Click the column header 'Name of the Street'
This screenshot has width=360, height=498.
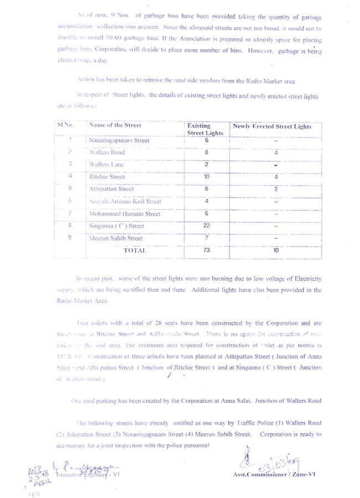pos(115,126)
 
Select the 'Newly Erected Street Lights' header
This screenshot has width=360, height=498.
pos(271,127)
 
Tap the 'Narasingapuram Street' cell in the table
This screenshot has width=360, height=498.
pos(119,141)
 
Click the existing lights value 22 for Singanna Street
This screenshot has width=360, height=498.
pos(205,226)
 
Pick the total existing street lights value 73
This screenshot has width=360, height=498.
pos(205,251)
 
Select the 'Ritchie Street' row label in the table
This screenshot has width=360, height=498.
pos(107,177)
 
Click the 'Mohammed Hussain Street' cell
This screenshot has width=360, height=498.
pos(125,214)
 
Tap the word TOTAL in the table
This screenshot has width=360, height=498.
pos(135,251)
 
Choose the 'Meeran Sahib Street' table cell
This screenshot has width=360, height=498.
pos(116,238)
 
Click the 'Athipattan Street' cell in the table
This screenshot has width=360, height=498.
pos(111,189)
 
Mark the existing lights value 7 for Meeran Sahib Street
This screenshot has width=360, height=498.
pos(205,238)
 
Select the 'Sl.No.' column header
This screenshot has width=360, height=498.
pos(65,126)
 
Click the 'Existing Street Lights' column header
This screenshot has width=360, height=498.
pos(205,129)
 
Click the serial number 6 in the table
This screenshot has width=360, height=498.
pos(70,201)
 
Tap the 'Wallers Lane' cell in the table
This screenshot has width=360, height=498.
pos(106,165)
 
